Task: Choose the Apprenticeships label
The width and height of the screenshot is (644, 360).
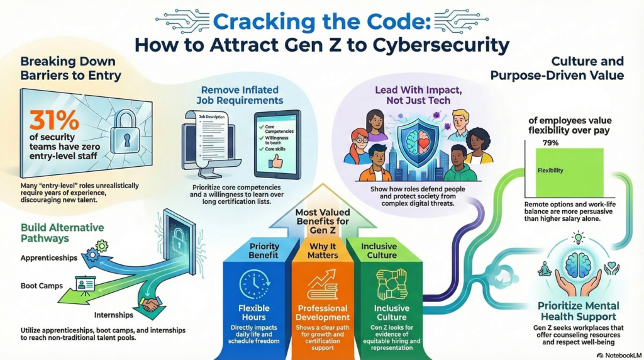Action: (48, 258)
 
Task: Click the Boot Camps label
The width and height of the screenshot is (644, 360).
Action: (42, 285)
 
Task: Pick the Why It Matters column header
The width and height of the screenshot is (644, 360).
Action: (322, 251)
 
